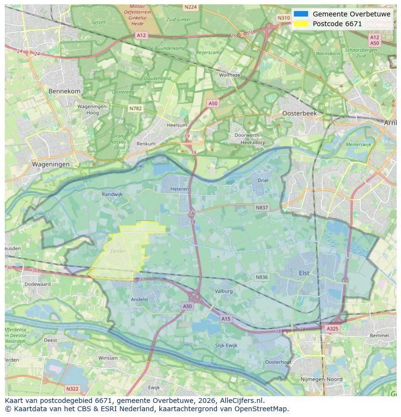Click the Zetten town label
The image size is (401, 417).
(x=117, y=251)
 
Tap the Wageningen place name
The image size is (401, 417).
(x=50, y=164)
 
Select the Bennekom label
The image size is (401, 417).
(x=64, y=91)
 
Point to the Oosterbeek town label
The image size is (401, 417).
(x=299, y=113)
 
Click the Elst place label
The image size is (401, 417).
(x=304, y=273)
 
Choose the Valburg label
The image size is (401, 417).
(x=224, y=291)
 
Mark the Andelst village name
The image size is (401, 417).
(x=139, y=299)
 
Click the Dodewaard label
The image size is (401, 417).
(x=37, y=284)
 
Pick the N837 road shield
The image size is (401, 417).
(x=262, y=207)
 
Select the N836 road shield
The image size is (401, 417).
(x=262, y=277)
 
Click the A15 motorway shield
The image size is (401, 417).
(x=226, y=318)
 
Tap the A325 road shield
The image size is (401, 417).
(x=332, y=328)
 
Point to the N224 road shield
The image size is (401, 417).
(x=190, y=7)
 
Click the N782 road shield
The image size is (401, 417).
(x=135, y=108)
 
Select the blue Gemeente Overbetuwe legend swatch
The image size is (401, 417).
(x=301, y=14)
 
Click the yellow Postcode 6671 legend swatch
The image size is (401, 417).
(x=301, y=24)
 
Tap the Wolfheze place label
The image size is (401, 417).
(x=229, y=75)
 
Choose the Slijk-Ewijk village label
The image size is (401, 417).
(x=226, y=345)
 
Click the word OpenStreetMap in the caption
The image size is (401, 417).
(x=263, y=409)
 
